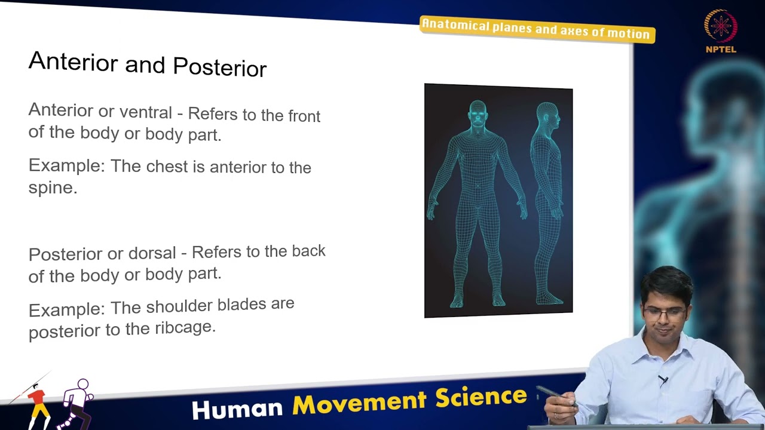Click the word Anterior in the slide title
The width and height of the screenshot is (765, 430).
pos(72,62)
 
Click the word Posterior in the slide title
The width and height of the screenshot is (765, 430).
pos(219,67)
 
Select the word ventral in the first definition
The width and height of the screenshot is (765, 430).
pos(145,112)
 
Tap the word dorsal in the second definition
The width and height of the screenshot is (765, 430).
pos(152,253)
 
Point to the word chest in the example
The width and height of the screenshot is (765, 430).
pos(167,167)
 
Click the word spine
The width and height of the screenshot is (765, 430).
pos(52,188)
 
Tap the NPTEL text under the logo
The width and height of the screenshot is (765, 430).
pos(720,50)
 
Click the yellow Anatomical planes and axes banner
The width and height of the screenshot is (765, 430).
pos(536,29)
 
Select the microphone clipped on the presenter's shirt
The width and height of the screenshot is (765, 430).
pos(663,380)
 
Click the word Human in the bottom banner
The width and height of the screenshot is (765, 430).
pos(237,408)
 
